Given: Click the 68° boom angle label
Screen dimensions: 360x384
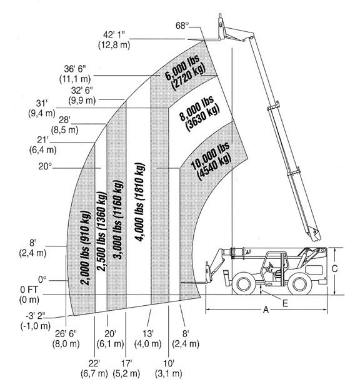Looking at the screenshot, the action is (182, 26).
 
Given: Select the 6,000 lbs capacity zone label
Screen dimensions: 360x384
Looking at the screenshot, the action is (185, 73).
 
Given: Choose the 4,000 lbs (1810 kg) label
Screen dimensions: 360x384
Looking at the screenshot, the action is (140, 202).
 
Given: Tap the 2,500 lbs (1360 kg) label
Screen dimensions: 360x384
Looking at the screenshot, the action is (102, 231).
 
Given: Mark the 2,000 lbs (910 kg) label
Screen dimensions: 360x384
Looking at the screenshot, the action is (86, 248).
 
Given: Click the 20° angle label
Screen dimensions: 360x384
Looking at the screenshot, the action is (45, 166).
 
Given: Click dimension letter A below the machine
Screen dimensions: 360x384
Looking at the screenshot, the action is (266, 310).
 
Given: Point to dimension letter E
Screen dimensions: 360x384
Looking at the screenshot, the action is (285, 303).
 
